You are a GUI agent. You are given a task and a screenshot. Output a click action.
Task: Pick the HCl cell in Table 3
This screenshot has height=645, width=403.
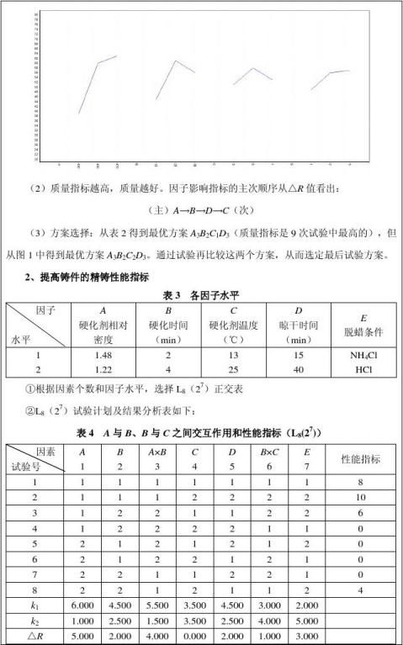coord(363,368)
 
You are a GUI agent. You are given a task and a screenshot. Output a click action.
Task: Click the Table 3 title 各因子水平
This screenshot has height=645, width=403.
coord(201,295)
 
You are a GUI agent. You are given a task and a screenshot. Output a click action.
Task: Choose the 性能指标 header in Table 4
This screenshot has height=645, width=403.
coord(360,459)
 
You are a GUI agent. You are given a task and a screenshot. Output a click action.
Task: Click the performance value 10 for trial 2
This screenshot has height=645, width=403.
coord(360,499)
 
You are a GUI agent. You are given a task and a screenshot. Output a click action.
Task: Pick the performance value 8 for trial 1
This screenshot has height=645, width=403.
coord(360,483)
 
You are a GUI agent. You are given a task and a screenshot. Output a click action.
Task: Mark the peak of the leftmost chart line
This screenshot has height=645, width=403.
coord(116,56)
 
